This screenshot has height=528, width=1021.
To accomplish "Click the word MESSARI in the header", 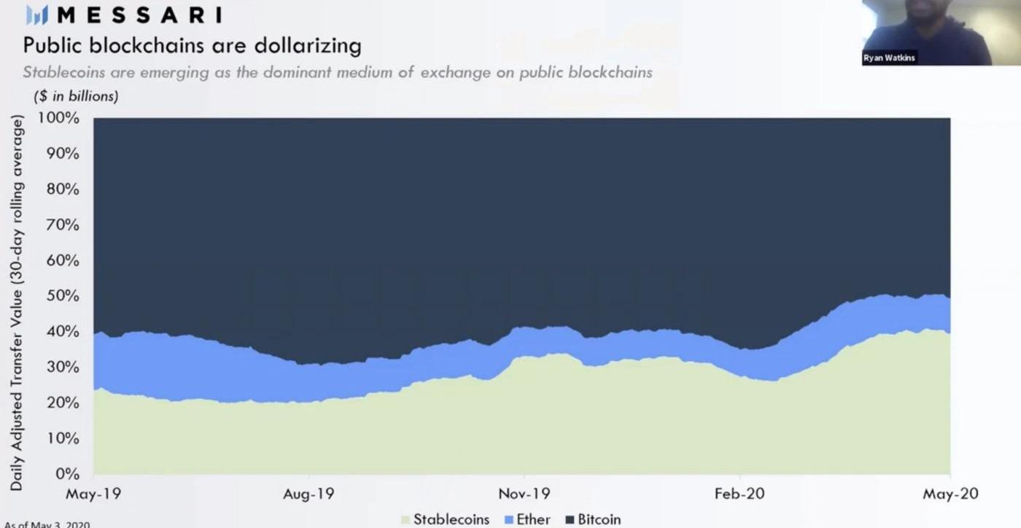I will [x=139, y=15].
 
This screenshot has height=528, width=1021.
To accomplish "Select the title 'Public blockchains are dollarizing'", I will [x=192, y=46].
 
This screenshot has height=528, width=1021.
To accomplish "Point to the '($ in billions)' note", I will [x=76, y=96].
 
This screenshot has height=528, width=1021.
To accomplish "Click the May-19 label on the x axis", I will [x=93, y=494].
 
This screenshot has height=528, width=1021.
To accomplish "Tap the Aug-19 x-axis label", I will [x=308, y=494].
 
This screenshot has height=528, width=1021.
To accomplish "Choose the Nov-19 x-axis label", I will [x=524, y=494].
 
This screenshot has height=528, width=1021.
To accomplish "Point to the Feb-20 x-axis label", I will [x=739, y=494].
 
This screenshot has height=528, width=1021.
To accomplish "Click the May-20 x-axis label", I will [x=951, y=494].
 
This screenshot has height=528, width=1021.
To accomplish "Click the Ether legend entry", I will [x=527, y=519].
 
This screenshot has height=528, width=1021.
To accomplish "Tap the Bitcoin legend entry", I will [x=591, y=519].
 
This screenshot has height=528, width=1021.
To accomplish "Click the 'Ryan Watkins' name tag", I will [x=890, y=58].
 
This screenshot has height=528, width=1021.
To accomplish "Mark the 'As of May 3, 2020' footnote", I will [x=47, y=524].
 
